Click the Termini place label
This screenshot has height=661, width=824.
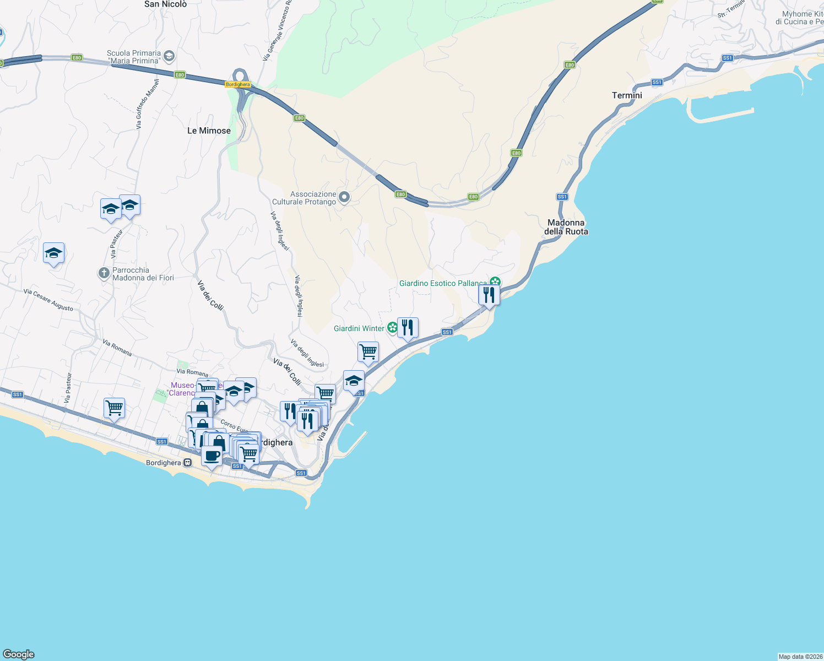tap(627, 95)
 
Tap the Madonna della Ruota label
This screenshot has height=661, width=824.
tap(566, 227)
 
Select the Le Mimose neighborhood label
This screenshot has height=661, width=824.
tap(209, 131)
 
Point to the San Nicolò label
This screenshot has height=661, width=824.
tap(165, 4)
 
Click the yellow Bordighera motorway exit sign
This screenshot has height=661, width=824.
tap(238, 84)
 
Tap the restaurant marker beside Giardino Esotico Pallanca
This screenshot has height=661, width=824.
tap(489, 295)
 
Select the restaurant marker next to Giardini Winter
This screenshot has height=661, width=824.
tap(408, 328)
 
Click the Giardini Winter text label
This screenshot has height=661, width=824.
tap(359, 328)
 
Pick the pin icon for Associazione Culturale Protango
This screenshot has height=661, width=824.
tap(344, 197)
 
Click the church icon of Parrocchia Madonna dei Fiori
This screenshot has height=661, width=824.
tap(104, 273)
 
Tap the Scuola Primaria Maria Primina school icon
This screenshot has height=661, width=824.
tap(169, 56)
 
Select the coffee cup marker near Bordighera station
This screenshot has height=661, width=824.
tap(212, 456)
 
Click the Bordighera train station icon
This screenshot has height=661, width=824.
tap(188, 463)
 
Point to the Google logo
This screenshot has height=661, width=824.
tap(19, 654)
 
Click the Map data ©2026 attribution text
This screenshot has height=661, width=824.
tap(800, 657)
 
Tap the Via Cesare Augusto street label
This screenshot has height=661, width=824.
tap(48, 300)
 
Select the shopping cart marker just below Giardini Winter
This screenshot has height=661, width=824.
tap(368, 352)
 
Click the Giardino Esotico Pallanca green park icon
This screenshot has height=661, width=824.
tap(495, 282)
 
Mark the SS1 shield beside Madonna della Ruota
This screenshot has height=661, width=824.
tap(562, 197)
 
